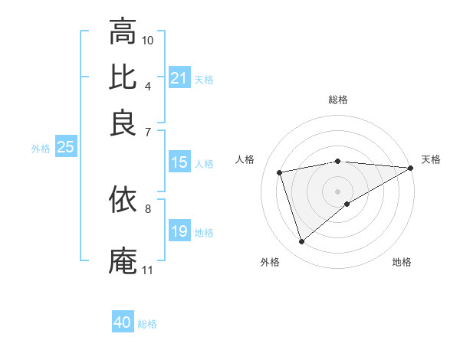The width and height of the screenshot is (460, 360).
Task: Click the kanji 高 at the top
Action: coord(123,31)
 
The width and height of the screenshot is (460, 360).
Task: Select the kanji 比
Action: coord(123,77)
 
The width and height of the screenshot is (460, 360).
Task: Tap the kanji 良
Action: coord(123,122)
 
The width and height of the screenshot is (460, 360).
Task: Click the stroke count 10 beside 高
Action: coord(148,39)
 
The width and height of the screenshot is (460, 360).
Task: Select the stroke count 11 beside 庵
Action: coord(147,270)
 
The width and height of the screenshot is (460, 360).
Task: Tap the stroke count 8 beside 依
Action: coord(147,208)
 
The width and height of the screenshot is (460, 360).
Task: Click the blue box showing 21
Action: coord(179,77)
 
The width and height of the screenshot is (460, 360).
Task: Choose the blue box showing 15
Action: coord(179,162)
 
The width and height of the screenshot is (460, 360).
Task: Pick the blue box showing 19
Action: coord(179,231)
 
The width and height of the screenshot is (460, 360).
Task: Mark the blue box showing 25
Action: coord(65,148)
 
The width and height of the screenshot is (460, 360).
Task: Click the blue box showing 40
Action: coord(123,322)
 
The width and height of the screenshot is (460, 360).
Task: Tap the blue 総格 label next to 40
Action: coord(147,324)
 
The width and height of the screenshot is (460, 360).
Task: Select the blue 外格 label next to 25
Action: coord(41,149)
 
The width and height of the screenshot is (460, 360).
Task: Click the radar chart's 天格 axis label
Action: coord(431,159)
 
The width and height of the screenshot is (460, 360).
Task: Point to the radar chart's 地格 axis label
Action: coord(402,262)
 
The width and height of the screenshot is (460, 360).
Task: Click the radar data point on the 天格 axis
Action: coord(411,169)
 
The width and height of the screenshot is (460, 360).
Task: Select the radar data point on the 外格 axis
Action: coord(301,242)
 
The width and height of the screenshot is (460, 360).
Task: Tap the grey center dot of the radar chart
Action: coord(337,191)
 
